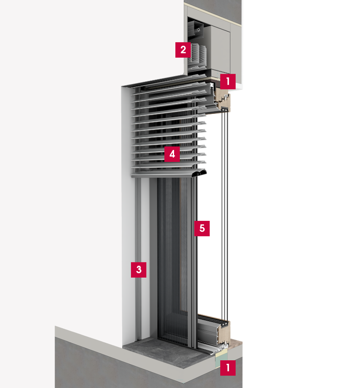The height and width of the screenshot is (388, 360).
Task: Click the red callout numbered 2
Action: click(183, 50)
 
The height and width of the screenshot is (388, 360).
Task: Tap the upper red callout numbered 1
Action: click(228, 81)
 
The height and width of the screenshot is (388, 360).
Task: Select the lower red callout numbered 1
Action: click(228, 368)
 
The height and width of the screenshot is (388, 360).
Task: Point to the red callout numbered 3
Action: click(138, 270)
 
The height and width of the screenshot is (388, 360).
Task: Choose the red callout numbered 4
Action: click(172, 154)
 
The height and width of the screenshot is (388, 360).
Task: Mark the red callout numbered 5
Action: click(202, 228)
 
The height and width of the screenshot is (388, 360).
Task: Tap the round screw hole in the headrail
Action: click(199, 30)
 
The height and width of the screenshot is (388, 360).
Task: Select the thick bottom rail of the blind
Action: click(169, 174)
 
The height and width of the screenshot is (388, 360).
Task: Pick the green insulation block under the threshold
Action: click(219, 361)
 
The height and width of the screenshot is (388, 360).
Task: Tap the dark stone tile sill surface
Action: click(163, 351)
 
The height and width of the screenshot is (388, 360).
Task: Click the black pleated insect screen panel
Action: click(173, 260)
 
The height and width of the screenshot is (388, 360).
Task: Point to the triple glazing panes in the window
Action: click(225, 215)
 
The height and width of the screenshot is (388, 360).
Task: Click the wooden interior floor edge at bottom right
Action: click(235, 345)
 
